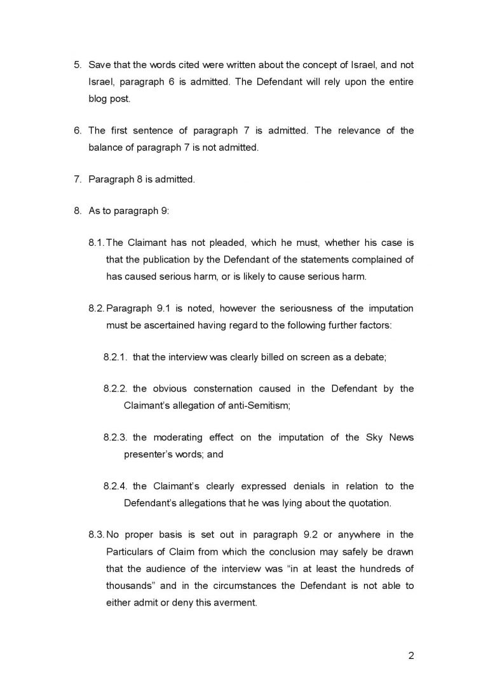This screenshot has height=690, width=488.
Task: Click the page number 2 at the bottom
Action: click(411, 656)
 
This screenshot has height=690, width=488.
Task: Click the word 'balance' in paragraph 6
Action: click(106, 148)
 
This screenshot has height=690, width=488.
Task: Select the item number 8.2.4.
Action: click(116, 486)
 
